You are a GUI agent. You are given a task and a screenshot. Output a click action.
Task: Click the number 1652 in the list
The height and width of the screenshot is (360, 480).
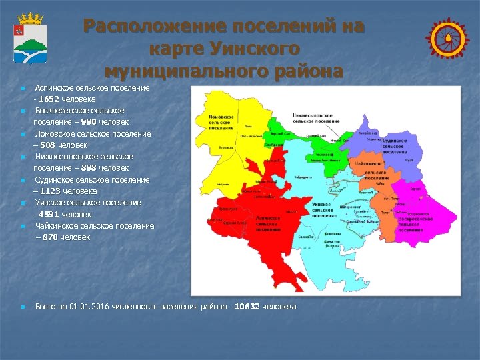click(49, 99)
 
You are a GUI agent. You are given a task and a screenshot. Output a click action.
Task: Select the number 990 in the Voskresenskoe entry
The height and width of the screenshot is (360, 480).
click(86, 122)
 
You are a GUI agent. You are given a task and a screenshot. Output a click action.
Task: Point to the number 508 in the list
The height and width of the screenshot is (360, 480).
click(47, 145)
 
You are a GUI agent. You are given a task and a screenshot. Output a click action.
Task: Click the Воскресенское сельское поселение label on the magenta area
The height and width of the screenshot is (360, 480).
click(413, 222)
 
